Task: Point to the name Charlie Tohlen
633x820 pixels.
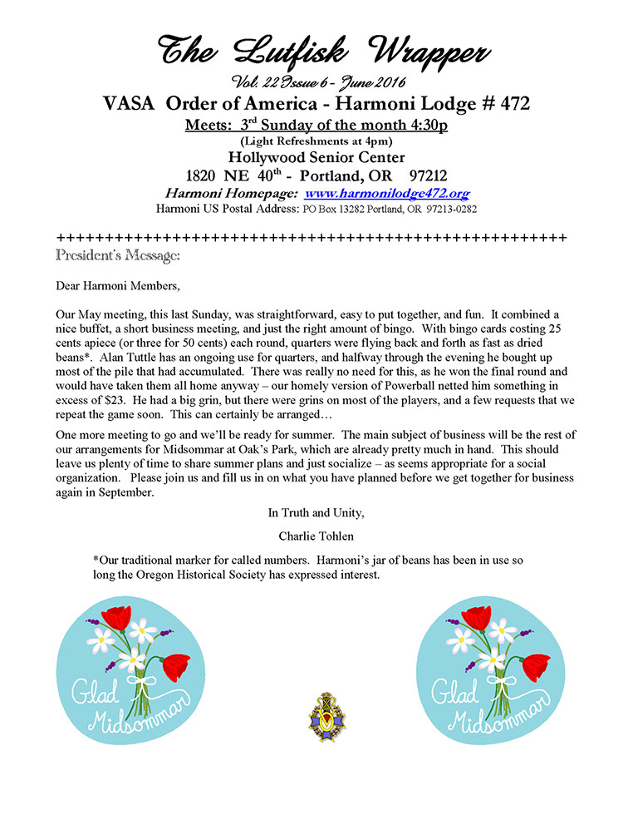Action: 315,536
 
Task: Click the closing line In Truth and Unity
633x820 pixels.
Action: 316,513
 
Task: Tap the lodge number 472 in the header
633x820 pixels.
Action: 513,105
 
